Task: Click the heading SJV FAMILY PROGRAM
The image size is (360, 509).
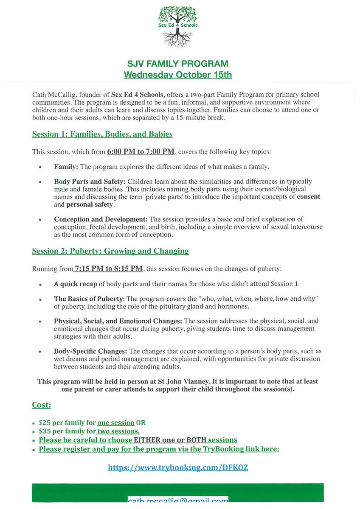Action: [x=178, y=64]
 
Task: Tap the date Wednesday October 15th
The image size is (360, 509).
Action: [x=178, y=75]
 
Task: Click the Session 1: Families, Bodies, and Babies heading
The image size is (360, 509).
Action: [x=102, y=134]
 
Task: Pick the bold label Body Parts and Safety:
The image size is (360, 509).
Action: [x=90, y=182]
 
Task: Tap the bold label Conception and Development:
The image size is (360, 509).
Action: [x=101, y=219]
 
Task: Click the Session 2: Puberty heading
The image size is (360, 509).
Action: [x=110, y=251]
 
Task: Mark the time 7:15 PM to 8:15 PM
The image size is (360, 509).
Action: [x=108, y=268]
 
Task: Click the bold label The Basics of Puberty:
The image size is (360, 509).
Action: [x=89, y=299]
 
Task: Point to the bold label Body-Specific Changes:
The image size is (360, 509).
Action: [x=90, y=351]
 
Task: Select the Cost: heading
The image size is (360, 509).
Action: [x=41, y=405]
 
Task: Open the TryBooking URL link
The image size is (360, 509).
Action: [x=178, y=468]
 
